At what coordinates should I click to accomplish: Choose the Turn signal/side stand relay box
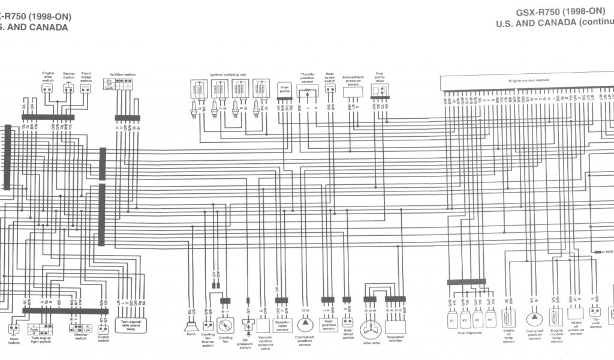coord(130,325)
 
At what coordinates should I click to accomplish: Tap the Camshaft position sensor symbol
coord(532,319)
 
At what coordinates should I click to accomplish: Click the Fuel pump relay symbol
coord(378,91)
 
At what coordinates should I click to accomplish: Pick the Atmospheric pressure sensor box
coord(353,91)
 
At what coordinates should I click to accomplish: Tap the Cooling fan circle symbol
coord(225,326)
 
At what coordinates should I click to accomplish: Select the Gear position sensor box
coord(328,325)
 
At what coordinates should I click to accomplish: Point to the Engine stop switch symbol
coord(48,88)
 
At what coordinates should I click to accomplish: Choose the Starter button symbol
coord(68,88)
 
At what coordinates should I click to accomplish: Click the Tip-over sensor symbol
coord(595,313)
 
